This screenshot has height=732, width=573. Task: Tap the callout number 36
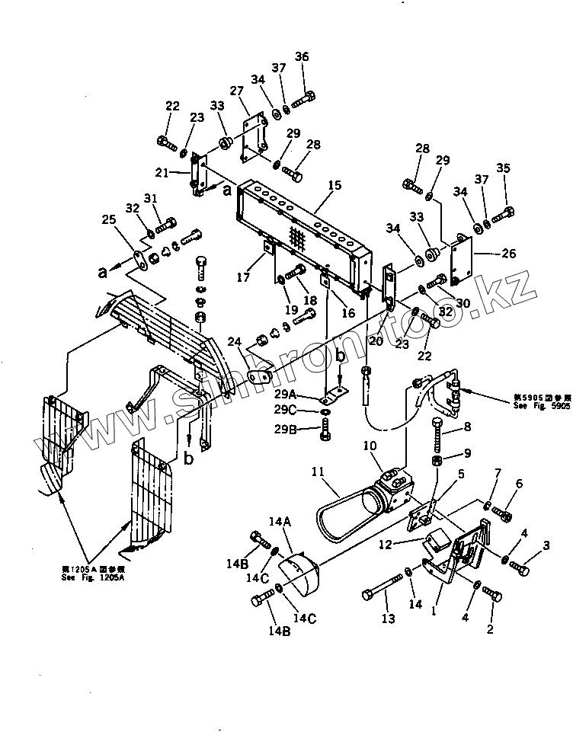(302, 57)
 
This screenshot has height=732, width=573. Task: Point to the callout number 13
(389, 619)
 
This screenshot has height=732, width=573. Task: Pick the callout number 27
(236, 92)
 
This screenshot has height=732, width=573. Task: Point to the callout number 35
(503, 168)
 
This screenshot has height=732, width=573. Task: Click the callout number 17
(242, 278)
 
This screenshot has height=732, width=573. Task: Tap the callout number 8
(467, 427)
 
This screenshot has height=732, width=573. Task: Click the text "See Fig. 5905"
(540, 408)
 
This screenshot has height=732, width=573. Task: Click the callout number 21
(162, 173)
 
